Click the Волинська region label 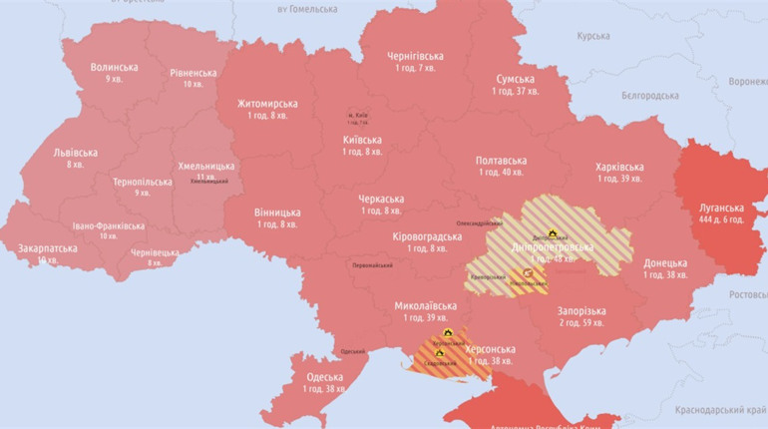[x=114, y=68]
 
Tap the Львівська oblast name [x=75, y=153]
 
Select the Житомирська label [x=267, y=104]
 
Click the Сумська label [x=515, y=80]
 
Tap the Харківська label [x=619, y=168]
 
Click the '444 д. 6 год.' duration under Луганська [x=722, y=218]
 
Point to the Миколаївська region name [x=425, y=306]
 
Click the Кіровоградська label [x=427, y=236]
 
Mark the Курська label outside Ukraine [x=592, y=36]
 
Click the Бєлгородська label [x=649, y=96]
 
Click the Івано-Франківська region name [x=109, y=225]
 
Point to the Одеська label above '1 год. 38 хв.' [x=324, y=377]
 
